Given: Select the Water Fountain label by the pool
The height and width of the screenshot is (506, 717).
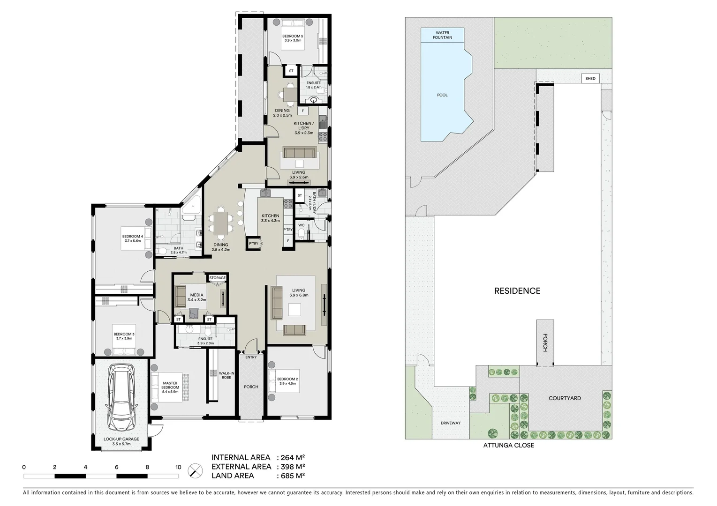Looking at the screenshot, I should coord(442,35).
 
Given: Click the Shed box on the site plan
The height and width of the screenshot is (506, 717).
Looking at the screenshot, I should coord(590,78).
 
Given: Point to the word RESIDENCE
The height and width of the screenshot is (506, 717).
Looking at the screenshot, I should coord(517,291).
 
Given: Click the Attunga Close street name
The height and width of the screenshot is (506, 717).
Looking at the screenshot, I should coord(508,445).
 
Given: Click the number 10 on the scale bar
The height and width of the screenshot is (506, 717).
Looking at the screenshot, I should coord(178,467).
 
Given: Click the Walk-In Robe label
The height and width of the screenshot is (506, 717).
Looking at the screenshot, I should coord(226,375).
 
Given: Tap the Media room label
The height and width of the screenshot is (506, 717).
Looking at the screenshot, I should coord(196,295).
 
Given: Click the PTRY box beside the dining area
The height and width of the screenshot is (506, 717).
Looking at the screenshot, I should coord(254,244).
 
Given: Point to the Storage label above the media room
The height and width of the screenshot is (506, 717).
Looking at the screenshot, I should coord(217,278).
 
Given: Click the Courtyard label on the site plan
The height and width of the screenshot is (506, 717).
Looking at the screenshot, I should coord(565,398).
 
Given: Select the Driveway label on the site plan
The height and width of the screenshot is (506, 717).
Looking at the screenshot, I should coord(450,423).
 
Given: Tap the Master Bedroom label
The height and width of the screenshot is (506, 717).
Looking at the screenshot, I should coord(170,385).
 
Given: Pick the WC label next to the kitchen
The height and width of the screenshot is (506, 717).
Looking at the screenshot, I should coord(302,225).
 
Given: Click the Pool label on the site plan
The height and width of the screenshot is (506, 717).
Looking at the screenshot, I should coord(442,95).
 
